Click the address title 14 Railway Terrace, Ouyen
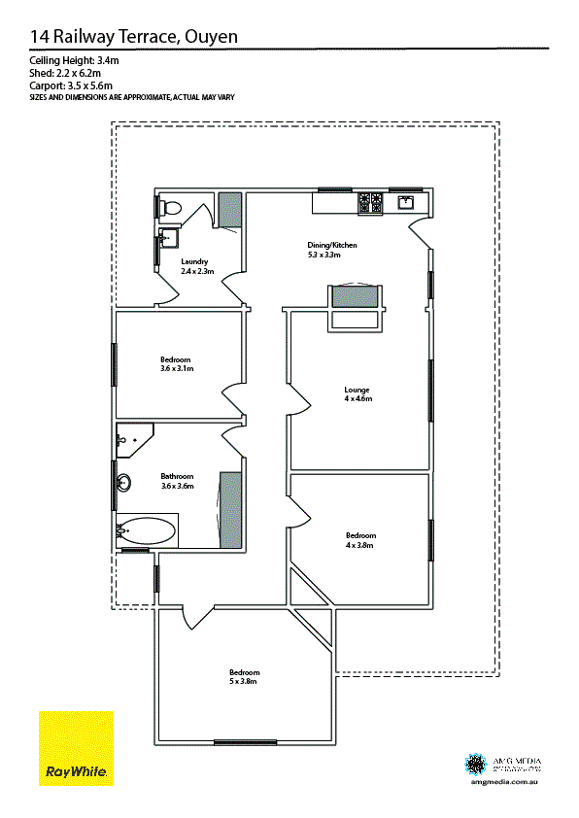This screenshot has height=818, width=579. pyautogui.click(x=134, y=37)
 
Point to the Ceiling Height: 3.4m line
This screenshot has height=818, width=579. pyautogui.click(x=74, y=61)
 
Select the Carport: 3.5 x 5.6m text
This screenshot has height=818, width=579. pyautogui.click(x=73, y=85)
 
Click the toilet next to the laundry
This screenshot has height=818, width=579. pyautogui.click(x=172, y=207)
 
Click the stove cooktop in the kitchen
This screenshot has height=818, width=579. pyautogui.click(x=370, y=203)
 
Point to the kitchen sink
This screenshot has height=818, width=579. pyautogui.click(x=406, y=202)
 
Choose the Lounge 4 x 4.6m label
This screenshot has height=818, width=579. pyautogui.click(x=357, y=394)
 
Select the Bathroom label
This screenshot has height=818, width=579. pyautogui.click(x=177, y=481)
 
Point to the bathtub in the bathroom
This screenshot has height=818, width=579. pyautogui.click(x=147, y=531)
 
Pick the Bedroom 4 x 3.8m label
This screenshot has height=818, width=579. pyautogui.click(x=360, y=540)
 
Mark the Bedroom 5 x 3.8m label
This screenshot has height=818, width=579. pyautogui.click(x=244, y=677)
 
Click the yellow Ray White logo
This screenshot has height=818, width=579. pyautogui.click(x=76, y=748)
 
